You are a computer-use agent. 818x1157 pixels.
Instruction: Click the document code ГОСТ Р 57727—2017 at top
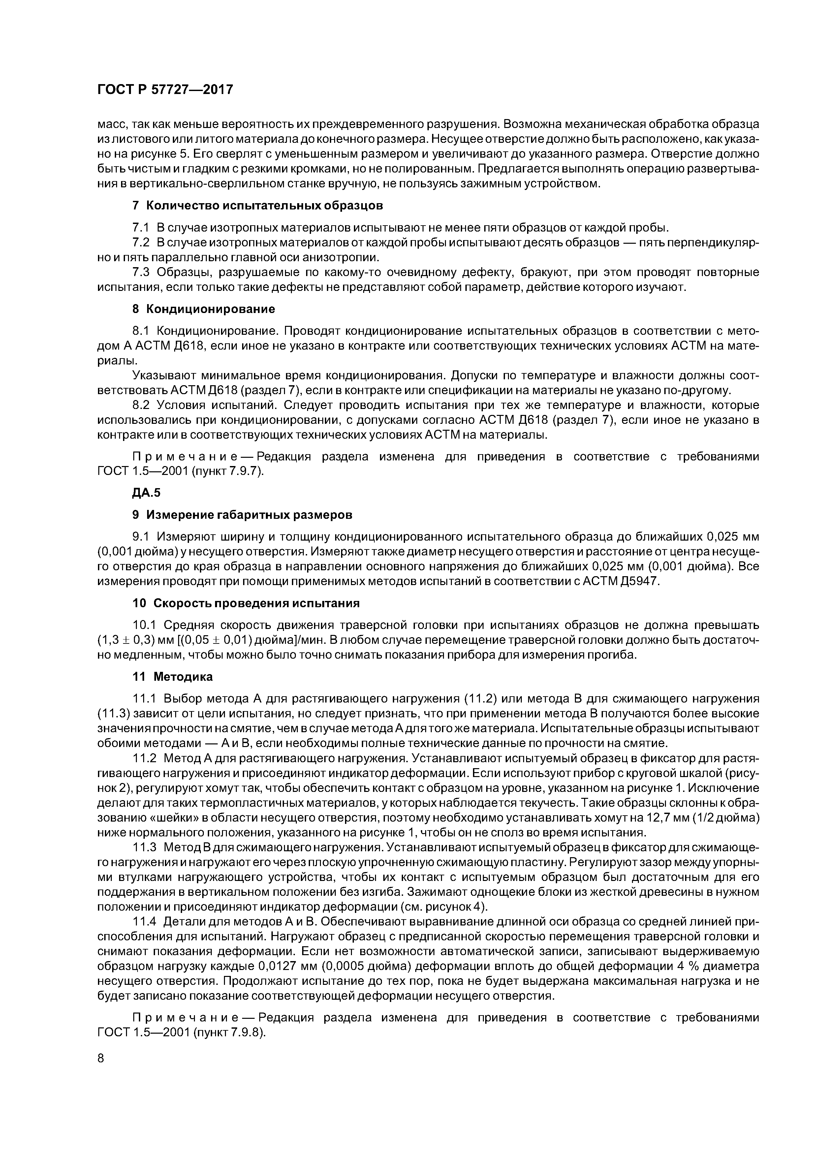click(x=165, y=90)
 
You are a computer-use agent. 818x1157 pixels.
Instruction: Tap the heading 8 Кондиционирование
click(x=203, y=308)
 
